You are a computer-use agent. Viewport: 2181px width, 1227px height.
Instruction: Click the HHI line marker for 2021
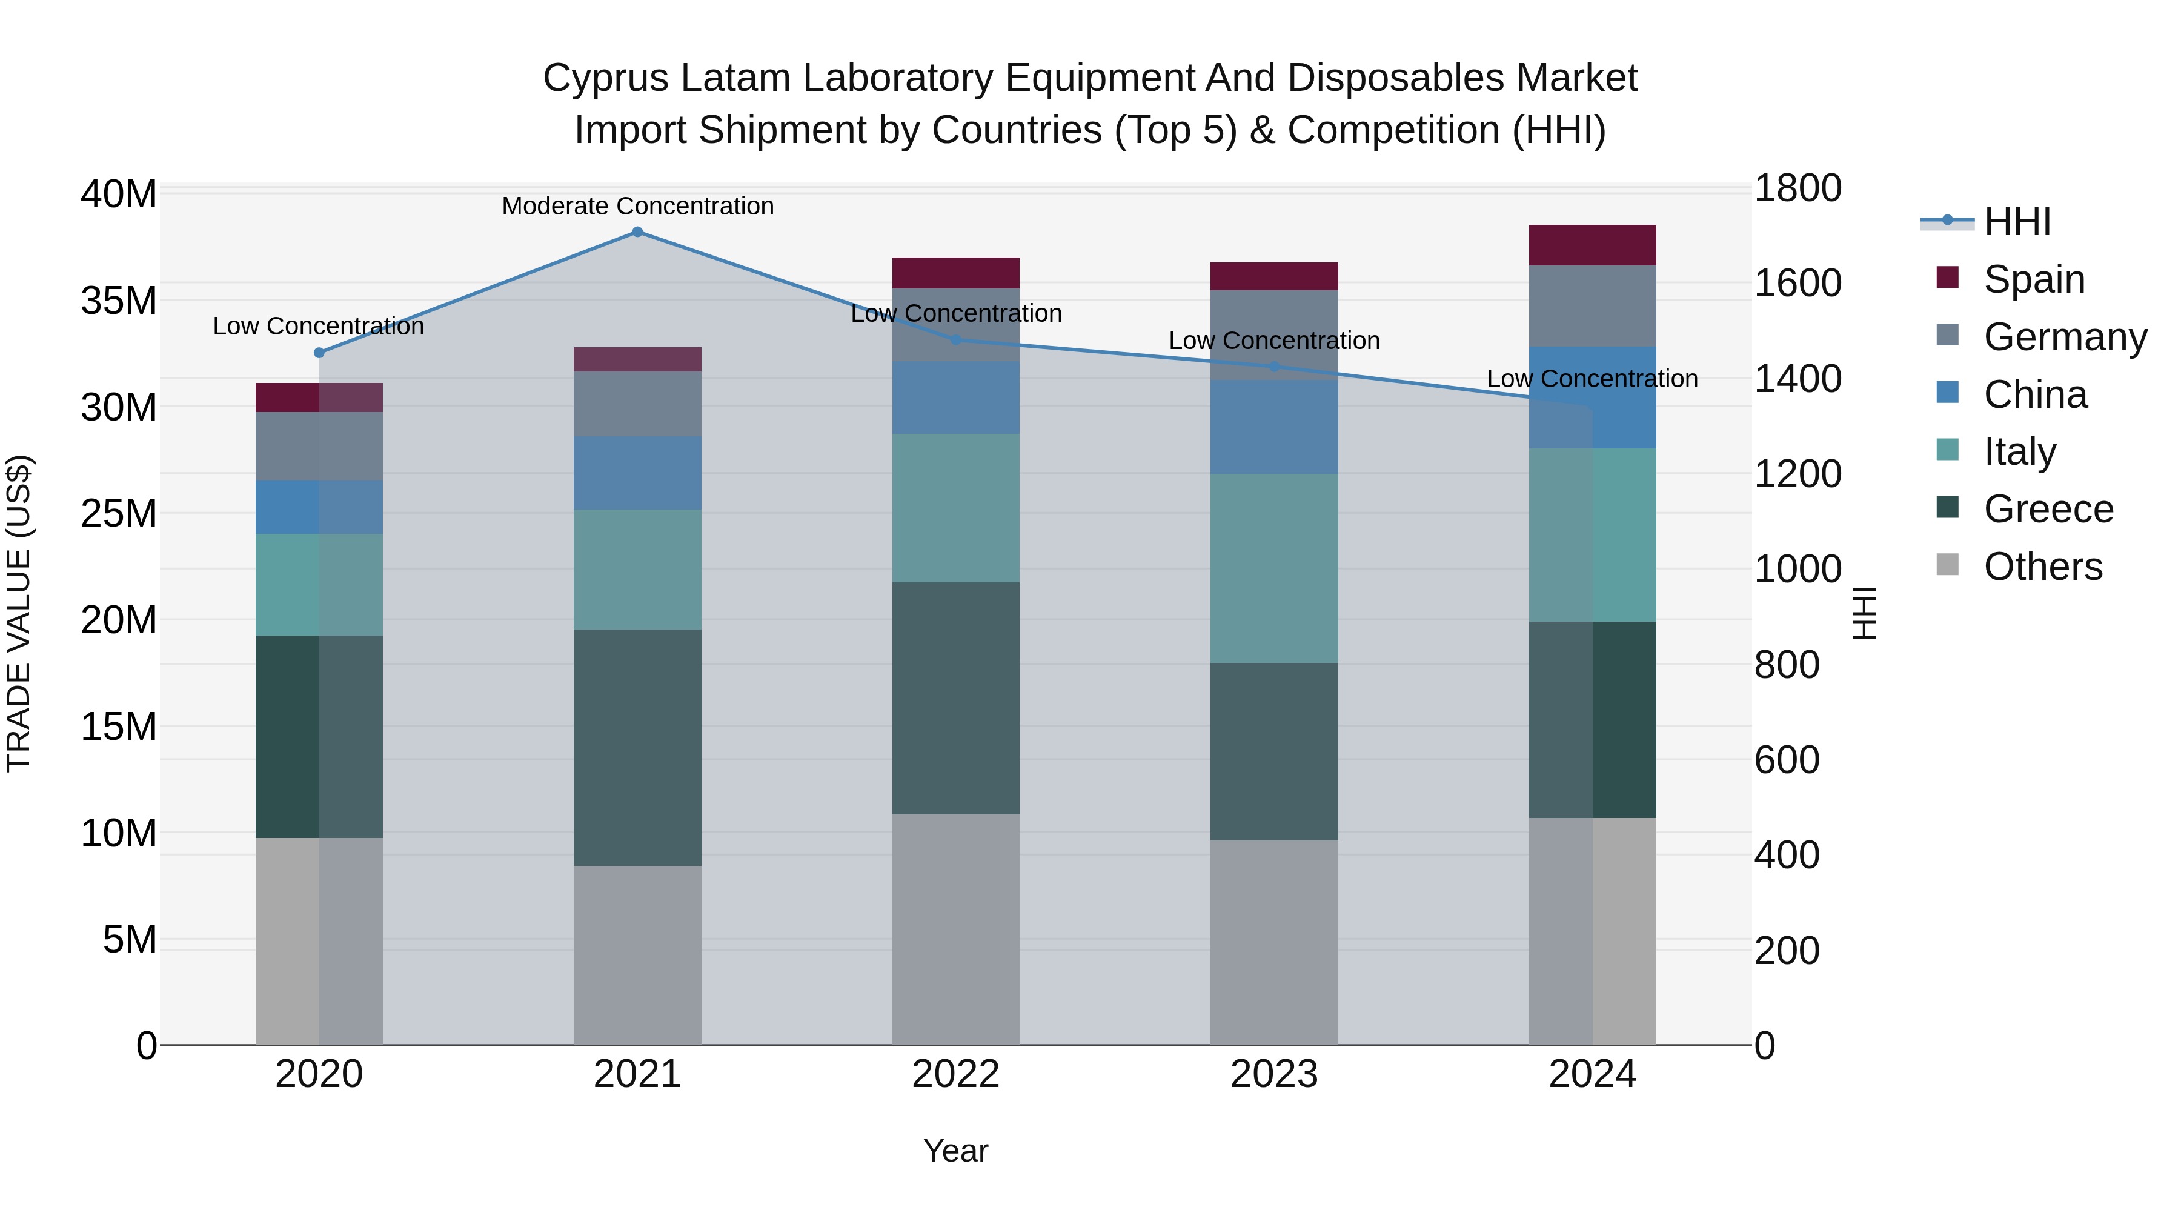[x=637, y=232]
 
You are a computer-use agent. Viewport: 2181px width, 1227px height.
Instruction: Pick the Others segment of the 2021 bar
[x=637, y=954]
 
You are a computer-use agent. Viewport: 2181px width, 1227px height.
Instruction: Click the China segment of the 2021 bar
[x=637, y=473]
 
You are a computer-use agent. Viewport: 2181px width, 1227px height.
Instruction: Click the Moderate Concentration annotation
[x=637, y=206]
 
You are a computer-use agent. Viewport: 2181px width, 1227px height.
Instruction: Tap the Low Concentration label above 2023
[x=1273, y=341]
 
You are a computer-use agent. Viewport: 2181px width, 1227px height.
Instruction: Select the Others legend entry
[x=2042, y=567]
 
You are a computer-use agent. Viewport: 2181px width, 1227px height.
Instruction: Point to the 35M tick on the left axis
[x=119, y=301]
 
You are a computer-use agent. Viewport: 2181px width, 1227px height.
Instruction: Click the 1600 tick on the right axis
[x=1797, y=283]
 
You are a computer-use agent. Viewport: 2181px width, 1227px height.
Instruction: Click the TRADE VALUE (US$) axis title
[x=19, y=613]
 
